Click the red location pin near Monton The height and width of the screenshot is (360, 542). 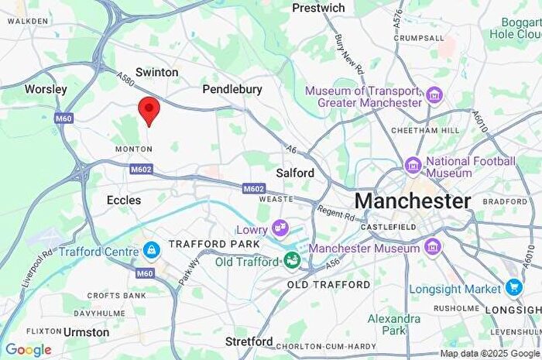click(148, 111)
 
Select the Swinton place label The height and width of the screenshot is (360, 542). click(156, 72)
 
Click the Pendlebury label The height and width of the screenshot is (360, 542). click(232, 90)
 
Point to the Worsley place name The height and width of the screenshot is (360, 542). click(46, 89)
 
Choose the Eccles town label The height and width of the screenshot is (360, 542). click(124, 200)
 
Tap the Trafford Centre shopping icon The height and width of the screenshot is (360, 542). click(152, 250)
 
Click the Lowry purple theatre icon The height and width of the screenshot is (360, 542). click(280, 228)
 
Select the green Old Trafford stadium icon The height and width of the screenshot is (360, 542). click(292, 260)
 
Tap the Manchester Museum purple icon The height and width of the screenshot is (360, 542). click(433, 248)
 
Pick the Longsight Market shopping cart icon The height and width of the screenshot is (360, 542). click(514, 288)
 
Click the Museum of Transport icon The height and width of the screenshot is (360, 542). click(434, 96)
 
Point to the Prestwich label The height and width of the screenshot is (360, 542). click(318, 8)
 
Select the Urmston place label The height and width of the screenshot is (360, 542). click(86, 331)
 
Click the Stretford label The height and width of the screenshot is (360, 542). click(249, 341)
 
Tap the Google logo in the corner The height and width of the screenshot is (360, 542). click(28, 350)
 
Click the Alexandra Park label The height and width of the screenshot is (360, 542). click(394, 324)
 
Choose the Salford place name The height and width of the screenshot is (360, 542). click(295, 173)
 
